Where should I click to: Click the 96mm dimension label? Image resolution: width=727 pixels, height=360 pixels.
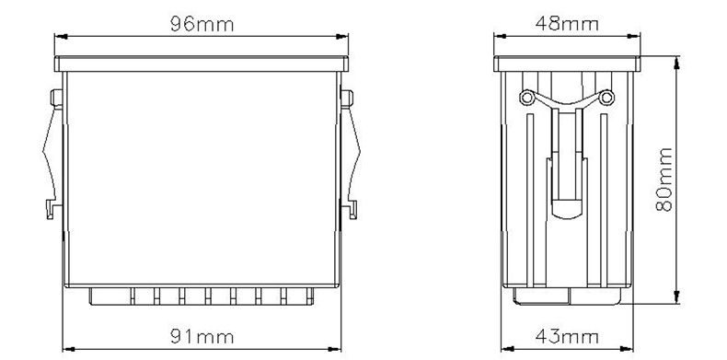pos(202,24)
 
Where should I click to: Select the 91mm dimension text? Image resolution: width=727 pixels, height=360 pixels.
pos(202,336)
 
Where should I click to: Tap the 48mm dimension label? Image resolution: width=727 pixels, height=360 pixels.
pos(567,23)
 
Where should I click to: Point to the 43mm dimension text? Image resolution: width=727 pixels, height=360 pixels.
pos(567,336)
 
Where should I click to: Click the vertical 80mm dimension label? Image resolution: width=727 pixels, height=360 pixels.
pos(664,180)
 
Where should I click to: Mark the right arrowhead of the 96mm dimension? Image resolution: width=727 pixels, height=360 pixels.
pos(342,36)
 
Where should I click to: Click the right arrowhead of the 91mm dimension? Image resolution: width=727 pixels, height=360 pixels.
pos(335,349)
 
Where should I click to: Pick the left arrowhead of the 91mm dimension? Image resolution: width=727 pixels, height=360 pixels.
pos(69,349)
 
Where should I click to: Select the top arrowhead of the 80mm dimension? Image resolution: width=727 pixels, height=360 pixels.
pos(676,63)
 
